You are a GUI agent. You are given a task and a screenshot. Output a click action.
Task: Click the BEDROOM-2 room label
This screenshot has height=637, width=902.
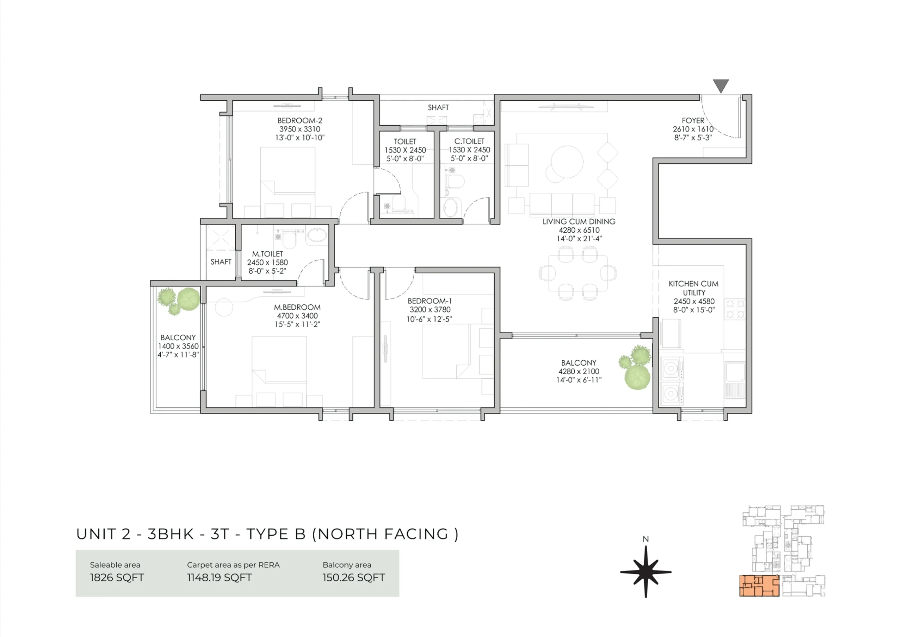pyautogui.click(x=300, y=120)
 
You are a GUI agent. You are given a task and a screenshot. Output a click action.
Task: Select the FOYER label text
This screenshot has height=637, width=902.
pyautogui.click(x=693, y=120)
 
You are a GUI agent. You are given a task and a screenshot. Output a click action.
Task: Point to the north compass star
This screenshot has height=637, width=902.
pyautogui.click(x=646, y=572)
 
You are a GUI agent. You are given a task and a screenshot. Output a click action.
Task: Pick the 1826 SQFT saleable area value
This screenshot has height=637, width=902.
pyautogui.click(x=117, y=577)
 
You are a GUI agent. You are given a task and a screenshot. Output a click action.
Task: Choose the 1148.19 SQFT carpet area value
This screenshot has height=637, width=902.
pyautogui.click(x=219, y=577)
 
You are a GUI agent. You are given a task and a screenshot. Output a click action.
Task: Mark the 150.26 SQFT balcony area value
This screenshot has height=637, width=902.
pyautogui.click(x=353, y=577)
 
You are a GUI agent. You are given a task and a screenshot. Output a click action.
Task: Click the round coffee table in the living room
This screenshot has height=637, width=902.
pyautogui.click(x=567, y=162)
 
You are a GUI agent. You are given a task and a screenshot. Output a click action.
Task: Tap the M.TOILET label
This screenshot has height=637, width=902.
pyautogui.click(x=267, y=254)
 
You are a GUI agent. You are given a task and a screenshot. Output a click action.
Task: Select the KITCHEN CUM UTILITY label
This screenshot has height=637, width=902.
pyautogui.click(x=694, y=288)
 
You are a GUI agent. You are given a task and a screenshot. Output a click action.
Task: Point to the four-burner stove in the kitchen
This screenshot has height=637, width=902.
pyautogui.click(x=735, y=309)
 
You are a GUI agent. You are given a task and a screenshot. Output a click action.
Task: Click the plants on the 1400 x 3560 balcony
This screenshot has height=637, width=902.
pyautogui.click(x=179, y=300)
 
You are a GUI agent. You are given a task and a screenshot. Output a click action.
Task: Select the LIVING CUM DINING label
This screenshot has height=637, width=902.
pyautogui.click(x=579, y=221)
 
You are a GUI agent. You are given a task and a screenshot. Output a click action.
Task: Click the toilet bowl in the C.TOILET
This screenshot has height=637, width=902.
pyautogui.click(x=456, y=181)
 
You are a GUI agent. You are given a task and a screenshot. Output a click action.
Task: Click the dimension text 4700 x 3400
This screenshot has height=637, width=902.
pyautogui.click(x=297, y=316)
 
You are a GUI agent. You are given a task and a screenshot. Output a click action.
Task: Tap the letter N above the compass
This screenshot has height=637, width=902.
pyautogui.click(x=646, y=539)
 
